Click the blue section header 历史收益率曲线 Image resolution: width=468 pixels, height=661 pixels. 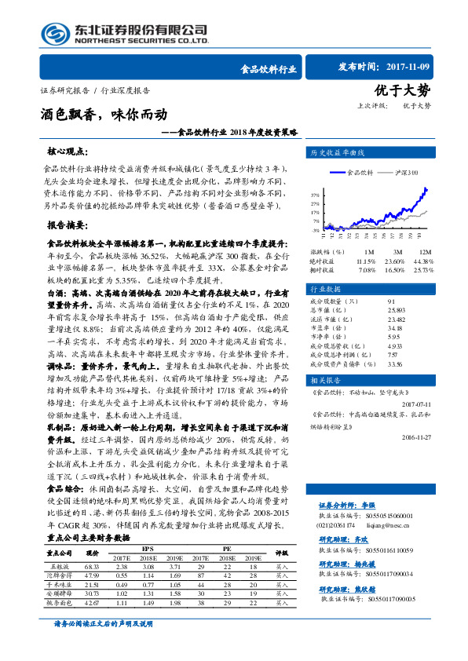(x=336, y=152)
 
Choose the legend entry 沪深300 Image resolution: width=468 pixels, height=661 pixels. (x=406, y=173)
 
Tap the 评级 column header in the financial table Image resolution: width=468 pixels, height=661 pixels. (x=283, y=553)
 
